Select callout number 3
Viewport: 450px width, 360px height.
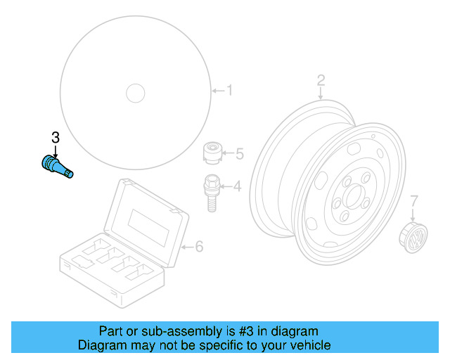[55, 136]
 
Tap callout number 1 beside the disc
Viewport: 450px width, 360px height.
[229, 90]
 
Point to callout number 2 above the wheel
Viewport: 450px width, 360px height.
[321, 79]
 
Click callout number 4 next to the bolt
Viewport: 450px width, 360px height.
[237, 186]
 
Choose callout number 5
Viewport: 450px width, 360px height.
[238, 153]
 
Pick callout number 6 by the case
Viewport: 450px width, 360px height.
[198, 246]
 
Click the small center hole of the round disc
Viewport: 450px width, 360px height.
[134, 92]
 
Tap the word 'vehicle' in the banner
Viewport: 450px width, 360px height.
[309, 345]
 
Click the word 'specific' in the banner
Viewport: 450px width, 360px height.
[219, 345]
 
